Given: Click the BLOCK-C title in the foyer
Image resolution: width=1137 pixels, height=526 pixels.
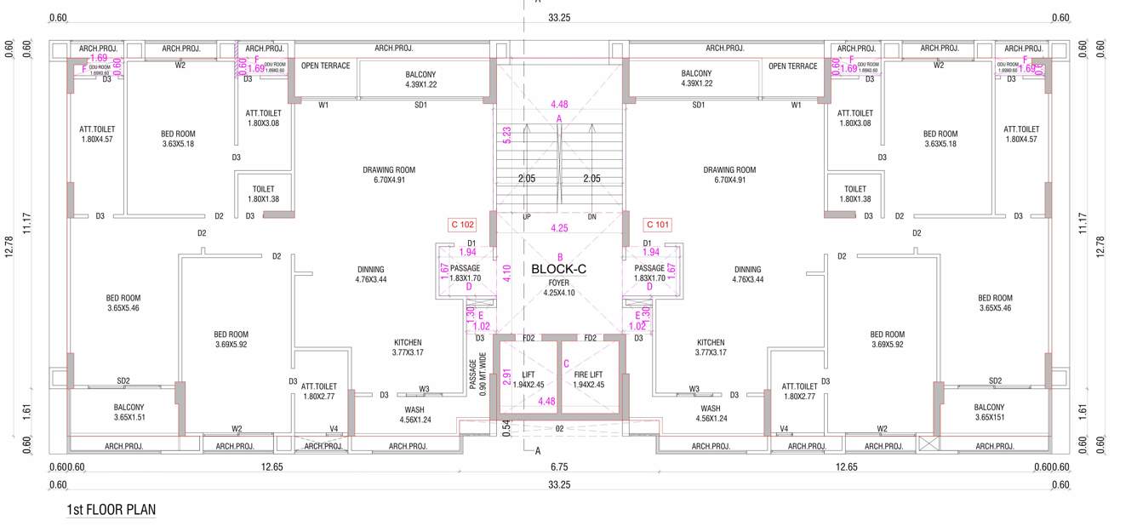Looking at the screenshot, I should click(559, 269).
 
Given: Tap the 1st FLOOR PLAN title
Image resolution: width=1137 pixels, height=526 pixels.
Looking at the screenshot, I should click(111, 510).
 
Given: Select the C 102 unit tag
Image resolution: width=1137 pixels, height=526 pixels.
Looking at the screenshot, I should click(461, 226).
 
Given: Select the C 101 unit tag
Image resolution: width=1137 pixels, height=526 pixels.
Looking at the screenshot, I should click(658, 226).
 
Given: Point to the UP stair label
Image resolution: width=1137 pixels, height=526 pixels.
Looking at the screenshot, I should click(527, 217).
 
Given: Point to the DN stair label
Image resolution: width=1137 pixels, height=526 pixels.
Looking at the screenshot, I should click(592, 217).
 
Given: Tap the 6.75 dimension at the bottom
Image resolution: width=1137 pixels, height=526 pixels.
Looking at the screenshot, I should click(558, 466).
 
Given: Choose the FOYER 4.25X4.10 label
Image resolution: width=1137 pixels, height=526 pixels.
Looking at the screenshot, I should click(559, 288).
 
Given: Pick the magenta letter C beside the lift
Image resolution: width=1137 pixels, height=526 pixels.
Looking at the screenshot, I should click(566, 363).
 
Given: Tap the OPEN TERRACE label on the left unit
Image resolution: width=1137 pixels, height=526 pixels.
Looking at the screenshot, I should click(324, 66).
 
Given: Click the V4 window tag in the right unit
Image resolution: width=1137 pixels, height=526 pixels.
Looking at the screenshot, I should click(784, 428).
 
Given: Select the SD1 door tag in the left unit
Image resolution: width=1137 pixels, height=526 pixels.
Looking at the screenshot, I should click(420, 105).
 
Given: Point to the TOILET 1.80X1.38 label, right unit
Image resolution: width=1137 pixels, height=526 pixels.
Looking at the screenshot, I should click(855, 193).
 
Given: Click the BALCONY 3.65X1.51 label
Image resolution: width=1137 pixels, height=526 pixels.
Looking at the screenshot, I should click(129, 412).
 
